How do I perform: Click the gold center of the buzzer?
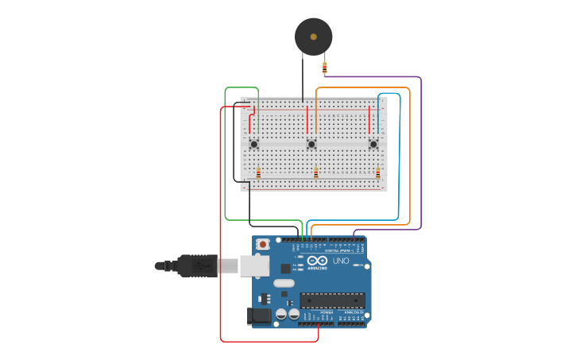pos(313,37)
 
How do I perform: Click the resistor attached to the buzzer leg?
pos(324,67)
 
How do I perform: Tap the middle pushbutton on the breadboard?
pos(311,144)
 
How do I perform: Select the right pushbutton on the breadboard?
pos(373,144)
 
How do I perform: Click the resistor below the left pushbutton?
pos(258,172)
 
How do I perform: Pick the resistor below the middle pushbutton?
pos(315,172)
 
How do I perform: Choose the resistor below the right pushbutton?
pos(377,172)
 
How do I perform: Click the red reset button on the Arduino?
pos(262,244)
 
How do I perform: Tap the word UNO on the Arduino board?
pos(341,261)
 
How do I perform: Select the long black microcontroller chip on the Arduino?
pos(332,300)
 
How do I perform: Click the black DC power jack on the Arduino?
pos(258,315)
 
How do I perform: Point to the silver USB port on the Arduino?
pos(254,265)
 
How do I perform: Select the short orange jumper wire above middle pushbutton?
pos(315,119)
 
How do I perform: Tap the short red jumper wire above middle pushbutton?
pos(307,119)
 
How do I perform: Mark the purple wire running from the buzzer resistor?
pos(420,151)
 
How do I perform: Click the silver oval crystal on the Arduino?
pos(284,283)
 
